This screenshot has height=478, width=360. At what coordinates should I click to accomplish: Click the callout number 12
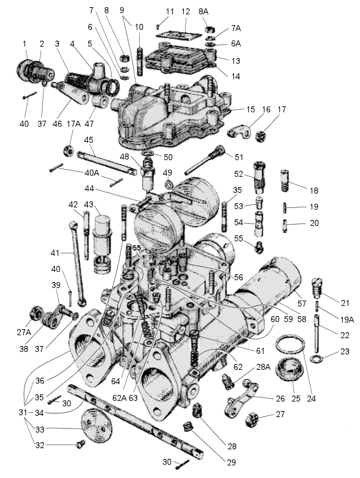coord(186,11)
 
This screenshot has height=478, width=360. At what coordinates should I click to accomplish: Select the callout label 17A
coord(73,124)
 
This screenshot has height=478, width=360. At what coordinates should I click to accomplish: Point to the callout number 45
coord(90,140)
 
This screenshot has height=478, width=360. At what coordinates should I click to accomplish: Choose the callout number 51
coord(239,157)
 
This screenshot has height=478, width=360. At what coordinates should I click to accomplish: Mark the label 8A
coord(204,11)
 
